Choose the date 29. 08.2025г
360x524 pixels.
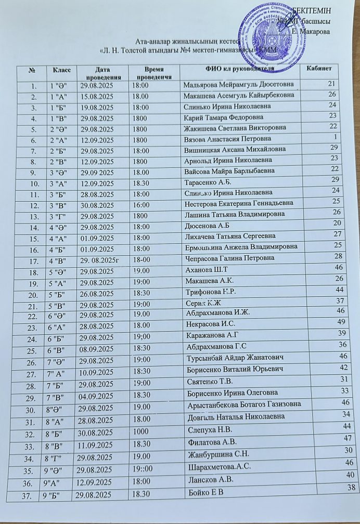pos(99,258)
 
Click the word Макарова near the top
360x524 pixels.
pos(316,32)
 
